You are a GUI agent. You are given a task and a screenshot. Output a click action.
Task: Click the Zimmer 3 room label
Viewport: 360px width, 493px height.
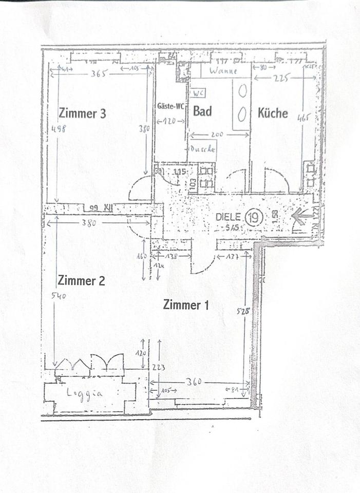[82, 113]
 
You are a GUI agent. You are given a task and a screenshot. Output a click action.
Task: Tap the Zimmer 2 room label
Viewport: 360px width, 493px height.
[81, 280]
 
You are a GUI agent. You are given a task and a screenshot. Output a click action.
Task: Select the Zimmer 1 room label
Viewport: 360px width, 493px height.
[186, 305]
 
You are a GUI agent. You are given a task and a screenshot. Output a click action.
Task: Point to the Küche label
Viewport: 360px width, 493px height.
[273, 112]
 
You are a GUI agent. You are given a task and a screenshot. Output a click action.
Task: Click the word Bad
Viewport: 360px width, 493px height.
[202, 111]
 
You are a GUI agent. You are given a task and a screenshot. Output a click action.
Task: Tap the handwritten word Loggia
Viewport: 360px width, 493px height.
[85, 394]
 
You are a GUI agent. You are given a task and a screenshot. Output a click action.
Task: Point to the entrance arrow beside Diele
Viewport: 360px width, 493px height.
[300, 218]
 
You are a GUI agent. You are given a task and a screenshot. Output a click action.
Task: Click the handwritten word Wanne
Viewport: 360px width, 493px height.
[223, 71]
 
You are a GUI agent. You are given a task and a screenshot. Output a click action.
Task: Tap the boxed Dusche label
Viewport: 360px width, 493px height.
[202, 149]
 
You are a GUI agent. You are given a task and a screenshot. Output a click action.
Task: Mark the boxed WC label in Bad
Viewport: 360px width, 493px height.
[198, 93]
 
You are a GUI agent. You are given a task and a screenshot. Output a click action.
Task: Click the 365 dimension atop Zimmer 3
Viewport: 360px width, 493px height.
[98, 73]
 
